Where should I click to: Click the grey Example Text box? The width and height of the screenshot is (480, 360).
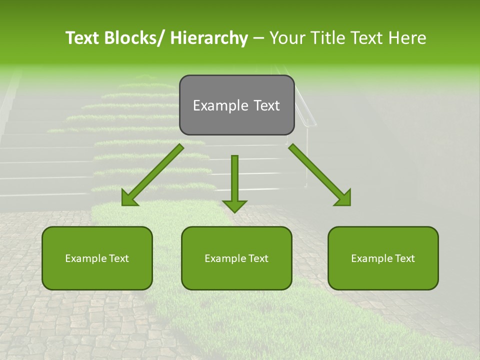[x=236, y=105]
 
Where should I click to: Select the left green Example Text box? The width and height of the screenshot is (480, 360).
[x=97, y=258]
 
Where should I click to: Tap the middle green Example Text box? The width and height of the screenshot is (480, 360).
[x=236, y=258]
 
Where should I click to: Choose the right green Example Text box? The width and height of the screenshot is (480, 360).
[x=383, y=258]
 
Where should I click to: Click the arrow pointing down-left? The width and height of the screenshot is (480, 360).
[x=152, y=175]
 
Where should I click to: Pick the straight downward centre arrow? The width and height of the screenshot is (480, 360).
[x=234, y=182]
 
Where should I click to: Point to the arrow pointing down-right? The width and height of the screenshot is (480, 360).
[x=320, y=175]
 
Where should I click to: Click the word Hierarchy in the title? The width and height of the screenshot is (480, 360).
[x=209, y=38]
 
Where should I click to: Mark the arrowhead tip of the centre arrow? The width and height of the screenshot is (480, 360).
[x=234, y=211]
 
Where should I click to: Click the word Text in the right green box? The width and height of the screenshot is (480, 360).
[x=404, y=258]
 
